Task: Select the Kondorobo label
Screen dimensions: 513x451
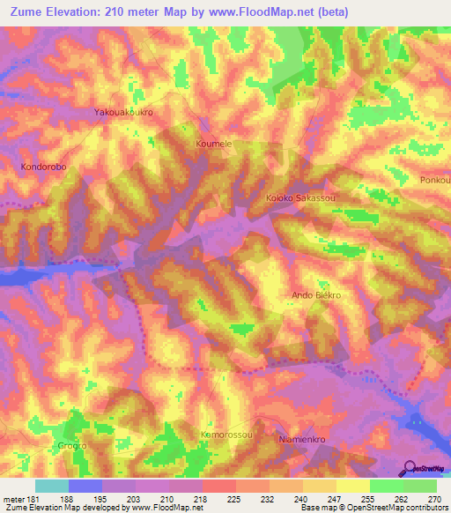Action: [44, 166]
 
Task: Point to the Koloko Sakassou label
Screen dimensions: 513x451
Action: [302, 198]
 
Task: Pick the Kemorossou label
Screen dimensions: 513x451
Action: [227, 435]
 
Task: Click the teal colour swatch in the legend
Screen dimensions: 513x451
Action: [52, 486]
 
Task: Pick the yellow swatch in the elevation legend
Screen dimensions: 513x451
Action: [352, 486]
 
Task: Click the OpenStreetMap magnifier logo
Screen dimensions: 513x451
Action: [409, 467]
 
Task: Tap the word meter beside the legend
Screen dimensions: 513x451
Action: [14, 498]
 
